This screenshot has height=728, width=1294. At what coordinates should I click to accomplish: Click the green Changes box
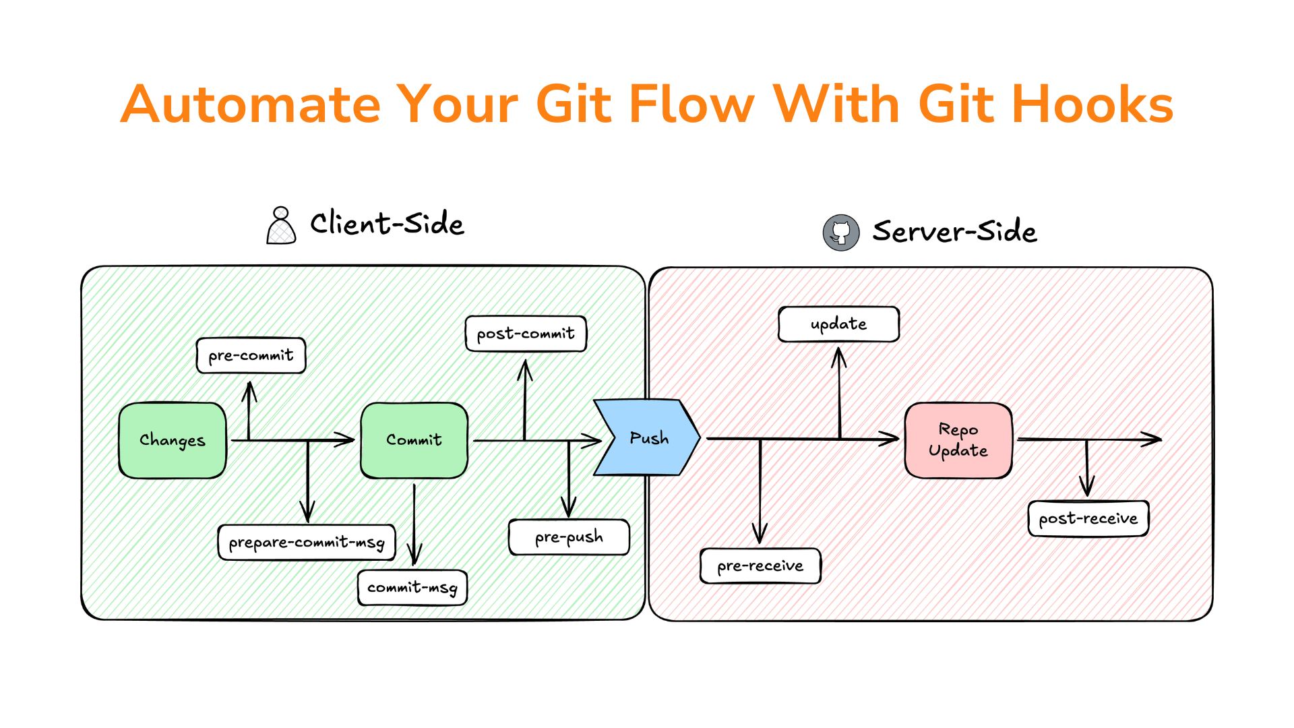point(173,440)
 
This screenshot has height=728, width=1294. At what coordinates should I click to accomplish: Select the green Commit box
point(414,440)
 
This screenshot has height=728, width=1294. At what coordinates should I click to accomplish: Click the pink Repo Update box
point(958,440)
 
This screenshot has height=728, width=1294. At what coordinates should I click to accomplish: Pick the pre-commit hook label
point(251,355)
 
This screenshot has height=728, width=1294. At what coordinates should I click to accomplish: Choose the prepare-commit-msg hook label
point(307,542)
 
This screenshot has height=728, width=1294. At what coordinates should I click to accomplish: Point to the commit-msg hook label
point(412,587)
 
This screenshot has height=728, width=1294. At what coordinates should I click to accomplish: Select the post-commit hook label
point(526,334)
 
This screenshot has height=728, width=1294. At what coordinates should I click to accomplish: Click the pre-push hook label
point(569,537)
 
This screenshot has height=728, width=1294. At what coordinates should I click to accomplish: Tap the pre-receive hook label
point(760,566)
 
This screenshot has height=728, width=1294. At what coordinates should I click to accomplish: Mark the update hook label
point(838,324)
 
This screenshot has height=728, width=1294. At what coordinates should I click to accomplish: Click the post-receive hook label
point(1088,518)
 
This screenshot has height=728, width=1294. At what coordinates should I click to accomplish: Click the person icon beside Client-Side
point(281,225)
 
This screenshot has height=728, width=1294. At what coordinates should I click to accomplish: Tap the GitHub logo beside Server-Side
point(840,233)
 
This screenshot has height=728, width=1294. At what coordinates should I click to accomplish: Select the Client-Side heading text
point(387,224)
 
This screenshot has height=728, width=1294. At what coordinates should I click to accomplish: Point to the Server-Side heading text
point(954,231)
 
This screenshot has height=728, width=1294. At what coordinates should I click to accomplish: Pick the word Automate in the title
point(251,104)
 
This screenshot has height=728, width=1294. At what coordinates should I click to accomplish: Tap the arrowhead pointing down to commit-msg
point(414,556)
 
